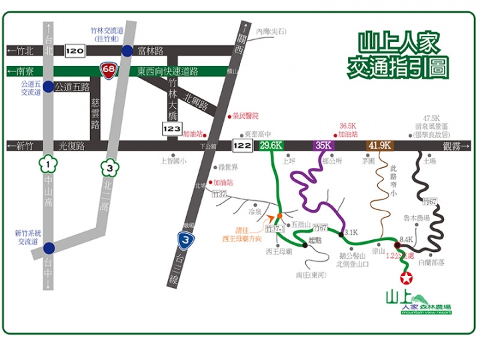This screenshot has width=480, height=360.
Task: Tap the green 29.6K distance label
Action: tap(272, 145)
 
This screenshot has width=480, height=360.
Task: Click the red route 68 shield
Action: tap(106, 68)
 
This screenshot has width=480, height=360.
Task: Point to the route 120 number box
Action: tap(75, 51)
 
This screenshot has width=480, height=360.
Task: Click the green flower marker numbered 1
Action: tap(49, 161)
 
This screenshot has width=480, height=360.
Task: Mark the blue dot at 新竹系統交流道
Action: tap(49, 247)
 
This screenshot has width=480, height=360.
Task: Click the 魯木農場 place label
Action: tap(417, 217)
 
